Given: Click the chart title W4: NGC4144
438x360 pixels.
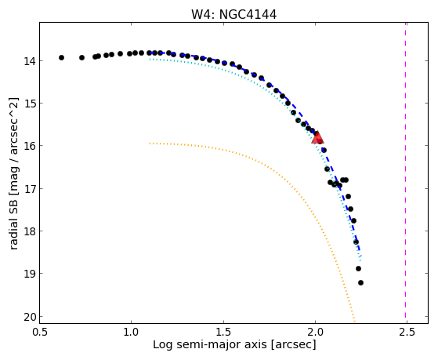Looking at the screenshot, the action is (233, 14).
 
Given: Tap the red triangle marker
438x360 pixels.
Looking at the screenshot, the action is (317, 137).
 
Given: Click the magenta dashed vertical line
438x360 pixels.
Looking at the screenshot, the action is (405, 173).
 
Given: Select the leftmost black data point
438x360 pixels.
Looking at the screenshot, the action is (61, 57).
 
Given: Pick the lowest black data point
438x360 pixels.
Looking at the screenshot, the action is (360, 283).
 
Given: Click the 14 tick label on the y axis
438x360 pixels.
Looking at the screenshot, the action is (29, 61).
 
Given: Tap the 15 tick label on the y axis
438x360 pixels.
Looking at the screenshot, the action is (29, 104).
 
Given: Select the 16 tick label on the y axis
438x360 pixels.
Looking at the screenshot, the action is (29, 146).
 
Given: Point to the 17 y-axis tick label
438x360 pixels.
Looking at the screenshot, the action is (29, 189).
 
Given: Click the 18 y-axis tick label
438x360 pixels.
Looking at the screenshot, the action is (29, 231).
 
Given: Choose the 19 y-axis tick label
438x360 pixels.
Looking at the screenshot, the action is (29, 274).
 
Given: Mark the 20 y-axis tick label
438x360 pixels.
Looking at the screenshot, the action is (29, 317).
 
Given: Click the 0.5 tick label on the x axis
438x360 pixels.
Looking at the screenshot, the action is (39, 332).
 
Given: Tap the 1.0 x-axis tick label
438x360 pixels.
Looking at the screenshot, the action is (131, 332).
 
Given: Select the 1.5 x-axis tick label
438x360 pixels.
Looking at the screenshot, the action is (223, 332).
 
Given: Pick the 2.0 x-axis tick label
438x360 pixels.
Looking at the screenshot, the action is (315, 332).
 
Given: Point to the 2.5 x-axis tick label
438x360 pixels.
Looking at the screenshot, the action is (407, 332).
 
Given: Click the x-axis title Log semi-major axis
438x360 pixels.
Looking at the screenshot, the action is (210, 345).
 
